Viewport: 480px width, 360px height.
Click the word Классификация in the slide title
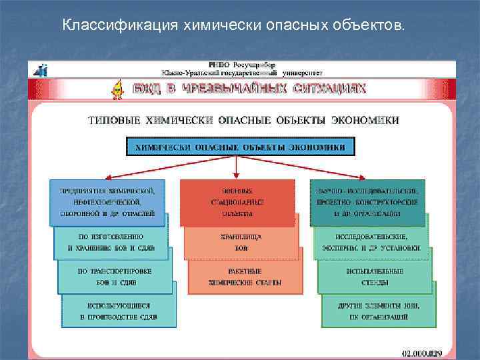106,25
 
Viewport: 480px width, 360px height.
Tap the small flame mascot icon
118,89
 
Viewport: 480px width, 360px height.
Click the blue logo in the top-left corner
41,69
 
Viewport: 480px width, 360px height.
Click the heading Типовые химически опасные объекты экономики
243,121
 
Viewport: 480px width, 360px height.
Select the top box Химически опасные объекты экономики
241,146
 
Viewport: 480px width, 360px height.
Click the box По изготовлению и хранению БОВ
111,242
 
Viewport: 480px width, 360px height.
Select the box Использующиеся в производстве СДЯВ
119,311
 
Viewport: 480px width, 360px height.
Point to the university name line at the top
241,71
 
